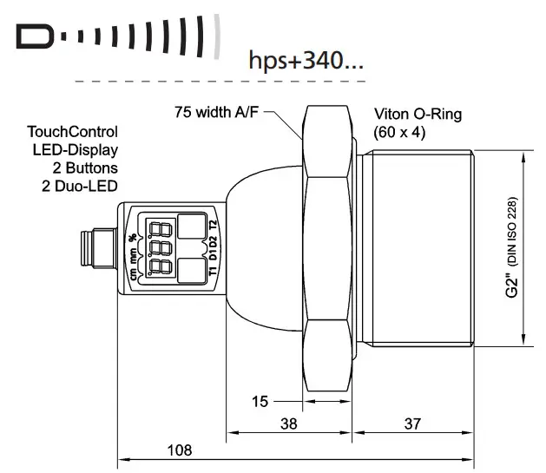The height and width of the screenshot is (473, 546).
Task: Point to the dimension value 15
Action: coord(259,401)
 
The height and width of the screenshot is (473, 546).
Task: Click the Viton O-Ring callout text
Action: coord(418,115)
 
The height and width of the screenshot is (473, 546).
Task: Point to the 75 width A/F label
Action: coord(216,112)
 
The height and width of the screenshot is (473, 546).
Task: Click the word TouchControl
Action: coord(74,132)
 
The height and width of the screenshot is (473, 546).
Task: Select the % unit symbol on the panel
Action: coord(133,235)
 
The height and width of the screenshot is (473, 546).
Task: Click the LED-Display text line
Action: coord(82,149)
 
